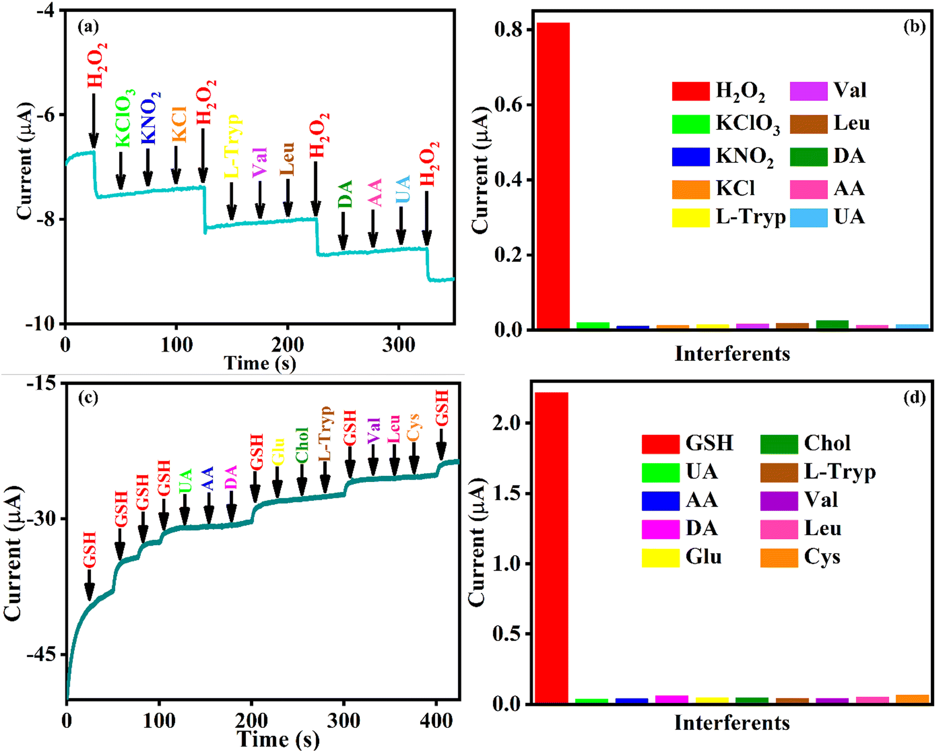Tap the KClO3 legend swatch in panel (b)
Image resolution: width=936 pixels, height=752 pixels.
[690, 123]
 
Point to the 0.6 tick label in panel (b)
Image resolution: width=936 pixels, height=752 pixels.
[508, 105]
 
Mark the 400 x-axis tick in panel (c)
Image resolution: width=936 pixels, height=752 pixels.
[436, 721]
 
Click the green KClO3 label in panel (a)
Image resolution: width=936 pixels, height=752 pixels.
[123, 119]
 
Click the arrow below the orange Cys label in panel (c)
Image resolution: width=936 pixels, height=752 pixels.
[414, 459]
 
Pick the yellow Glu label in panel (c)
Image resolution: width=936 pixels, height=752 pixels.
[278, 451]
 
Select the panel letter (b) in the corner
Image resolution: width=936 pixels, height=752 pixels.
[914, 27]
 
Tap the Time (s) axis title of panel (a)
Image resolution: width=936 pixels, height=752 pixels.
[260, 363]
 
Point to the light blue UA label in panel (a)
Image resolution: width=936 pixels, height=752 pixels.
[403, 189]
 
